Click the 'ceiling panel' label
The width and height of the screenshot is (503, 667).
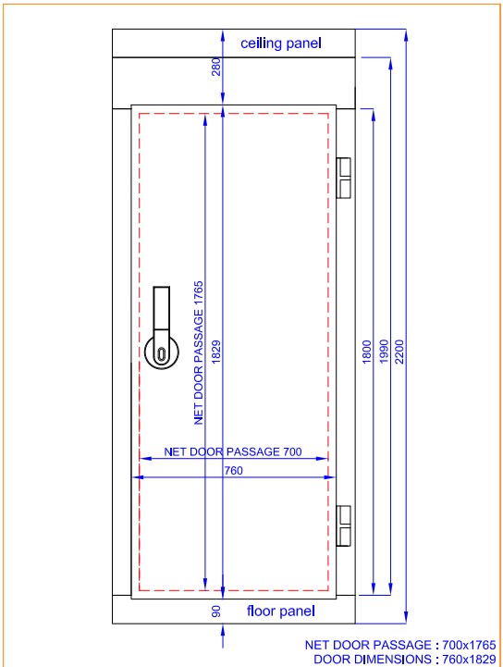coord(280,43)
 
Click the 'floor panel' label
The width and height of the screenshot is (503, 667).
coord(280,611)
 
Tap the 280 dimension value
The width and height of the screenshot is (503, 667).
coord(216,68)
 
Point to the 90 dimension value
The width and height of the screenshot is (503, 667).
coord(216,611)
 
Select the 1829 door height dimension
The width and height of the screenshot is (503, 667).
coord(216,352)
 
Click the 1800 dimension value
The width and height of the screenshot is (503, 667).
coord(366,352)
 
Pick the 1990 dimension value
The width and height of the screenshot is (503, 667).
coord(384,352)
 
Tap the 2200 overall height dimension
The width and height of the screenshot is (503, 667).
coord(399,352)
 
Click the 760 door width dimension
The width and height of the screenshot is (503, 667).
coord(233,471)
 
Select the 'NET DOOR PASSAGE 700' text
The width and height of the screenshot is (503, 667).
coord(233,451)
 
